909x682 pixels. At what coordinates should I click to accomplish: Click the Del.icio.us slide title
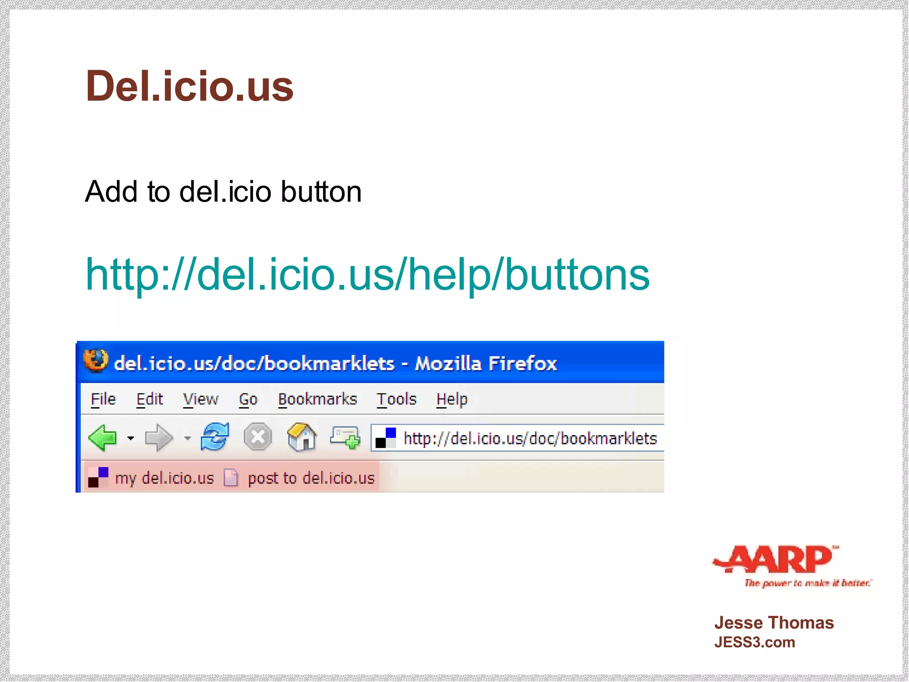click(190, 86)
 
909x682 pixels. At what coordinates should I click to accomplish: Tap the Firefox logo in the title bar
click(96, 360)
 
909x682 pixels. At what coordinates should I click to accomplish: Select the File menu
click(103, 399)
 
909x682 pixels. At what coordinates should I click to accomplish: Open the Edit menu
click(150, 399)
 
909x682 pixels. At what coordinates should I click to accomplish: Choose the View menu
click(201, 399)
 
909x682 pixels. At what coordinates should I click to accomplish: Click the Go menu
click(248, 399)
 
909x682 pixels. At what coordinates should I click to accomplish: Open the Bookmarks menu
click(317, 399)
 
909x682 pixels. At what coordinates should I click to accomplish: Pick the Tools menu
click(396, 399)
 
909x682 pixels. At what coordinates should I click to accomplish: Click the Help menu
click(452, 399)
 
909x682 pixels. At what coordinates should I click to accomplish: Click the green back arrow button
click(103, 438)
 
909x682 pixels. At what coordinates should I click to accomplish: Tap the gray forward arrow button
click(158, 438)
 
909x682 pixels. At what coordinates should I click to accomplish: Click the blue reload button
click(215, 437)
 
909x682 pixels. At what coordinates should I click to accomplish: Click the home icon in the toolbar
click(302, 437)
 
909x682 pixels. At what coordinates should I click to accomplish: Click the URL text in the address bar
click(530, 439)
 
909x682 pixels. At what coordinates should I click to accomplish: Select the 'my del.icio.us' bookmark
click(164, 478)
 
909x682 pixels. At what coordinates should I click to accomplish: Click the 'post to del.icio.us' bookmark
click(311, 478)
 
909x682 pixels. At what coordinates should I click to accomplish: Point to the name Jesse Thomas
click(774, 623)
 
